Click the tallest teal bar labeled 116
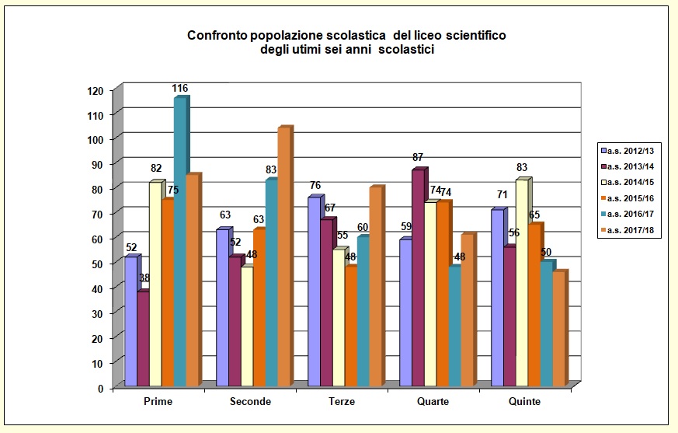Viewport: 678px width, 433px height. click(x=179, y=241)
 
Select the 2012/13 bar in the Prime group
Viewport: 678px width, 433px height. click(x=130, y=321)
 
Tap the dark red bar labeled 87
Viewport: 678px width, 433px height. click(x=418, y=277)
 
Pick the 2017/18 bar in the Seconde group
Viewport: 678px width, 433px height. click(x=283, y=257)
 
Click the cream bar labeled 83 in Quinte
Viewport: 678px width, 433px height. click(x=521, y=282)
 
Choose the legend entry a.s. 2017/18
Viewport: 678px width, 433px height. click(x=630, y=231)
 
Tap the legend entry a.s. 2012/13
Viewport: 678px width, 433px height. click(x=630, y=148)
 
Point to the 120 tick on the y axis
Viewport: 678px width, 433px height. click(x=95, y=90)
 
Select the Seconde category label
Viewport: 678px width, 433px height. click(x=250, y=402)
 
